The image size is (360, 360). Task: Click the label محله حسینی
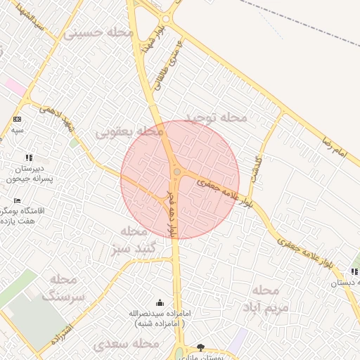click(99, 32)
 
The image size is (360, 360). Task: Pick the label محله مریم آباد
click(266, 299)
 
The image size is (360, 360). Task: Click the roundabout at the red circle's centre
click(176, 172)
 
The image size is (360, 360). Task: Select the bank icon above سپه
click(17, 119)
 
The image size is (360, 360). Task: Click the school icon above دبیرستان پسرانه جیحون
click(28, 157)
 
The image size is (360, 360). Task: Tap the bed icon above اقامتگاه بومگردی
click(18, 200)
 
